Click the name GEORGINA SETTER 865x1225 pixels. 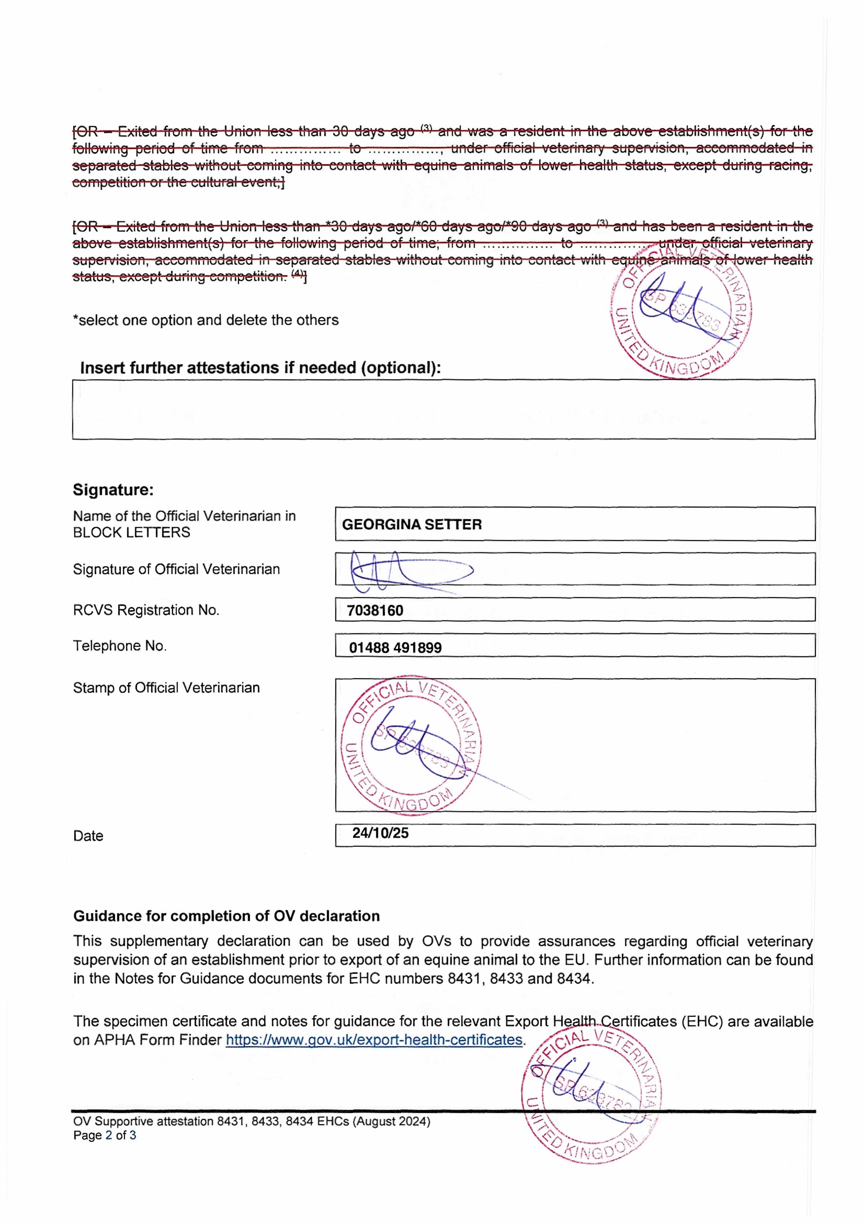[412, 525]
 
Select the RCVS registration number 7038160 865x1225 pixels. [375, 610]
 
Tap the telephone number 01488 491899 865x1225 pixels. [395, 648]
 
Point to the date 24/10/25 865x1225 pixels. [380, 833]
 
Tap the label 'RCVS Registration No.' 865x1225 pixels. [146, 610]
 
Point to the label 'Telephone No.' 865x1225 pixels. [120, 646]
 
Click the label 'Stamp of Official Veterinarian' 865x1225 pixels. [166, 688]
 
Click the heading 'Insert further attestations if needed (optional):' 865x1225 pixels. [260, 367]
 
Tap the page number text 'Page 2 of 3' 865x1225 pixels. [105, 1135]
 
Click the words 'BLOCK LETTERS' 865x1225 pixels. [131, 532]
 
